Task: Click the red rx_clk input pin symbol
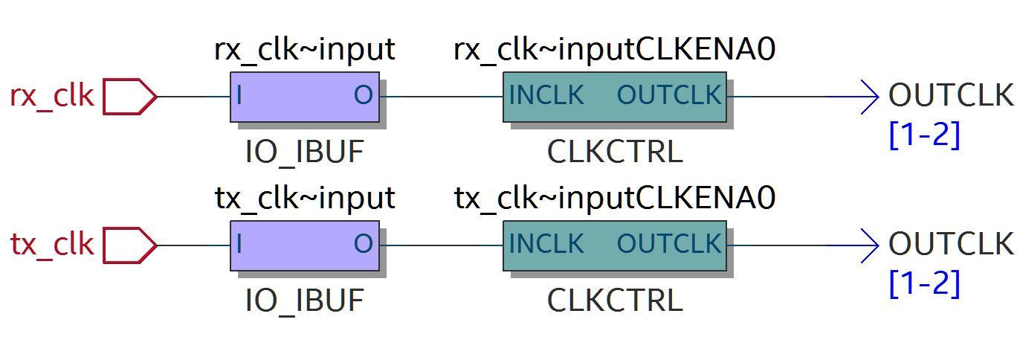[x=130, y=97]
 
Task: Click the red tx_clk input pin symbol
[x=130, y=245]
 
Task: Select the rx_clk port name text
[x=52, y=97]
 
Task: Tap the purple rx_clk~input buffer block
[x=305, y=97]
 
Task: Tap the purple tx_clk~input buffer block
[x=305, y=245]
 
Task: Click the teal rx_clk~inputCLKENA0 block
[x=615, y=97]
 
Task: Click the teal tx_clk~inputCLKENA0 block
[x=615, y=245]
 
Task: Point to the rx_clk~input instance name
[x=305, y=50]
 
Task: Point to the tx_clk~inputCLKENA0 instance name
[x=615, y=199]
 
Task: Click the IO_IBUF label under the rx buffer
[x=305, y=152]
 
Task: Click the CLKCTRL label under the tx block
[x=615, y=300]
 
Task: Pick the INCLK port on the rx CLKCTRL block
[x=546, y=94]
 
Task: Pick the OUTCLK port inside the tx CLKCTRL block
[x=669, y=243]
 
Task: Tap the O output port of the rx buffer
[x=364, y=95]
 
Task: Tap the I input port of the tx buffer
[x=239, y=244]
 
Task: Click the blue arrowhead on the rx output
[x=870, y=97]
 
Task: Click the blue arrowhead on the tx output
[x=870, y=245]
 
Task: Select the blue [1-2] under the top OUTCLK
[x=925, y=135]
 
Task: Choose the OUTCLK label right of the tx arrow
[x=952, y=244]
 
